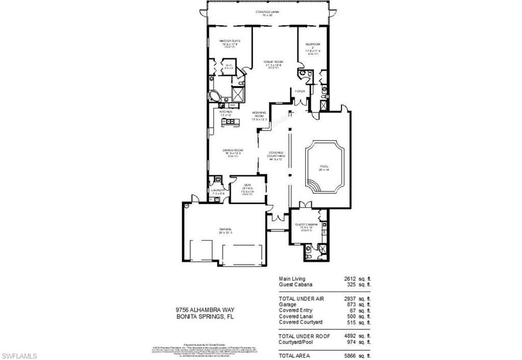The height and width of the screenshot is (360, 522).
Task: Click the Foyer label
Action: (300, 91)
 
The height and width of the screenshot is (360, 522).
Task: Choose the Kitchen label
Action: (226, 112)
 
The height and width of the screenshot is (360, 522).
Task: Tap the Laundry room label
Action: (218, 191)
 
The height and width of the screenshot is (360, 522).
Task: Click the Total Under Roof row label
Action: (304, 336)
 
